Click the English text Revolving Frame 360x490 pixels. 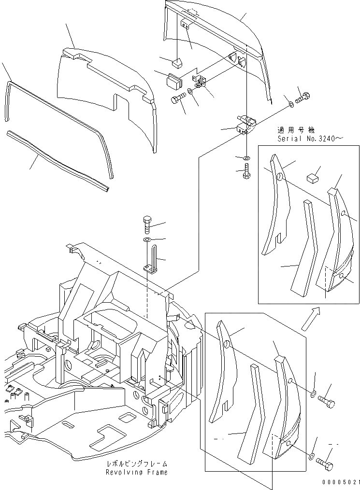[x=137, y=472]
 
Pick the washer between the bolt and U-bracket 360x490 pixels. [x=147, y=239]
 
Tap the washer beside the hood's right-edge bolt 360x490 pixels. [x=291, y=104]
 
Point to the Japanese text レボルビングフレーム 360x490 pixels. [x=137, y=464]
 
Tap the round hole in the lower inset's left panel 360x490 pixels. [x=226, y=344]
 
